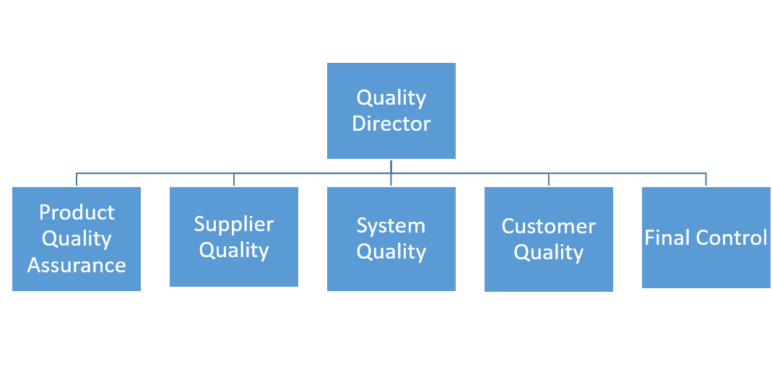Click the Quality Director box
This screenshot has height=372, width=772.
click(x=391, y=111)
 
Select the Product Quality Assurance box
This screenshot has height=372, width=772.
click(x=77, y=239)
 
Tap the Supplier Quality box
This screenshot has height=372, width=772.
click(x=234, y=237)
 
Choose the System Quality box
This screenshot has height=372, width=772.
click(x=391, y=239)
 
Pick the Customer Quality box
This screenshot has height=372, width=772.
click(x=549, y=239)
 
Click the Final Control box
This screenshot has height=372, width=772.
click(x=706, y=238)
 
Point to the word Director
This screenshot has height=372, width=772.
click(x=391, y=124)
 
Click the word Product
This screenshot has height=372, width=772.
click(x=77, y=212)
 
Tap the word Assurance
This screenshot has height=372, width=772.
click(x=77, y=265)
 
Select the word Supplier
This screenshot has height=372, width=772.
click(x=234, y=224)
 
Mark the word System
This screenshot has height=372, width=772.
click(x=391, y=225)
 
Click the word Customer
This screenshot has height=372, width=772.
click(x=549, y=226)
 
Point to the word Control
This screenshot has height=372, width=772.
click(x=732, y=238)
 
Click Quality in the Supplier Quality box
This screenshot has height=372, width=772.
click(x=234, y=251)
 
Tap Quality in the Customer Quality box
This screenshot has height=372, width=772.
click(x=549, y=253)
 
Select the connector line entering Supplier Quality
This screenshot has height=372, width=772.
click(x=234, y=179)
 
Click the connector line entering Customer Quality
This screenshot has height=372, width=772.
click(x=549, y=179)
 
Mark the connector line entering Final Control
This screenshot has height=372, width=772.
click(x=706, y=179)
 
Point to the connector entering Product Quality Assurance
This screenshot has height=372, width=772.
click(x=77, y=179)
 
